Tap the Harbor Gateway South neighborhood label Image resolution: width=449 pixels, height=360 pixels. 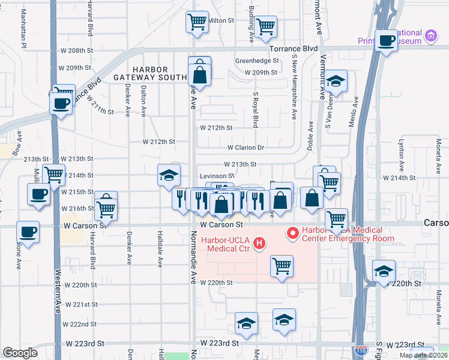tap(151, 74)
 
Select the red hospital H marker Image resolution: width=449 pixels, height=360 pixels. tap(259, 243)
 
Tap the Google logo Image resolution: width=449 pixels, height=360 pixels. tap(20, 353)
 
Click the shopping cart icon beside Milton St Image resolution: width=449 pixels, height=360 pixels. tap(197, 23)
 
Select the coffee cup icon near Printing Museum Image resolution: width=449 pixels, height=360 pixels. tap(387, 40)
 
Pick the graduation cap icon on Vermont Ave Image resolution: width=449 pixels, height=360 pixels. tap(337, 82)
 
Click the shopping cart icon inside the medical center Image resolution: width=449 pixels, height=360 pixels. tap(282, 265)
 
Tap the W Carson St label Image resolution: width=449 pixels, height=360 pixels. tap(221, 224)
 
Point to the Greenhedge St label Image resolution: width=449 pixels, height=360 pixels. tap(257, 61)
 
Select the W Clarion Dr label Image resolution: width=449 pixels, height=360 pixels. tap(246, 148)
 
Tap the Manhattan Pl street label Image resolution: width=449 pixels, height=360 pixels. tap(25, 28)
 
